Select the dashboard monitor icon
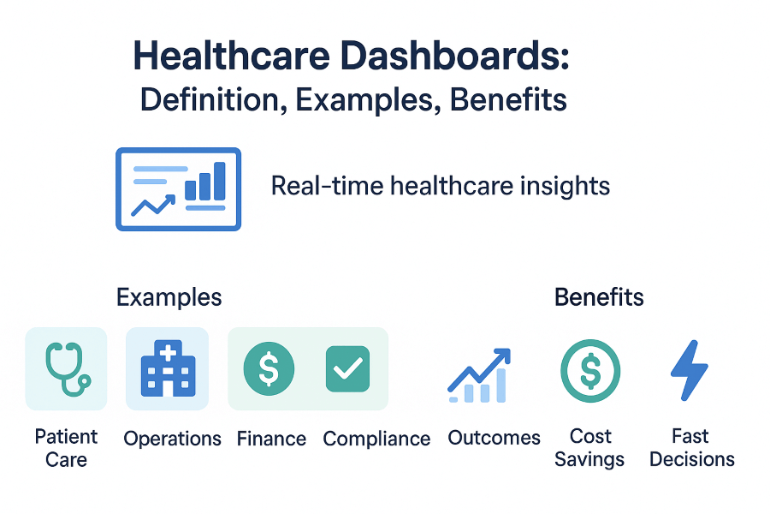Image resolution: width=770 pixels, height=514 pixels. [x=178, y=189]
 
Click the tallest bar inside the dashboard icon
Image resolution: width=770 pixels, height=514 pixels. [x=219, y=179]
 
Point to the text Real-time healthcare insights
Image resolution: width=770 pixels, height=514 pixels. [x=440, y=186]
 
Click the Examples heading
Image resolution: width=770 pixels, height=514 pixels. [x=169, y=297]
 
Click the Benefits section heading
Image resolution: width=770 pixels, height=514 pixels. [x=599, y=297]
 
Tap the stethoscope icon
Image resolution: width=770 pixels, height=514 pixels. [x=66, y=368]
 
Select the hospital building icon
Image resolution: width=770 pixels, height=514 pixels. [x=167, y=368]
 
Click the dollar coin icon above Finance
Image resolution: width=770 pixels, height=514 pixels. [x=269, y=368]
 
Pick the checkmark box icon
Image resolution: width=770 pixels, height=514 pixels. [x=347, y=368]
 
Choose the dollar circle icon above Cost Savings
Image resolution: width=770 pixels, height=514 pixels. [x=589, y=370]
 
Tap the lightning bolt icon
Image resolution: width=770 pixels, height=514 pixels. [x=689, y=370]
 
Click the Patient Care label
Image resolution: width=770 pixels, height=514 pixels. [x=66, y=448]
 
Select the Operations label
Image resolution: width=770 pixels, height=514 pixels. [x=172, y=439]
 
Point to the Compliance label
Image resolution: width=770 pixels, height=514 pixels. [x=376, y=439]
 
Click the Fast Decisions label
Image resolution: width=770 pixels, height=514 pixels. [x=691, y=448]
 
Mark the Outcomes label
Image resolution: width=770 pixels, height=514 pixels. [x=494, y=438]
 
